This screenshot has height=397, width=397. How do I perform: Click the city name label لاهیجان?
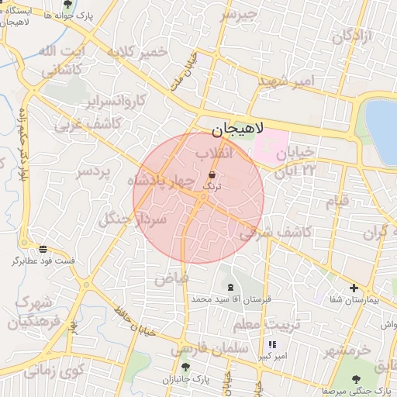point(236,129)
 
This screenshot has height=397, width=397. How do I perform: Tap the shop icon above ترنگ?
point(212,175)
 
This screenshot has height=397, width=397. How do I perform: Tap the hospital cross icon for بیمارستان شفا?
point(354,288)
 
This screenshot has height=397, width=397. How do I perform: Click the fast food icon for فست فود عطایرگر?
point(42,249)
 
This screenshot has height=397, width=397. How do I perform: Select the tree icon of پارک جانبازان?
point(185,367)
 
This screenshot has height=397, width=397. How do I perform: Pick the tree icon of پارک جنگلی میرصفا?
point(356,379)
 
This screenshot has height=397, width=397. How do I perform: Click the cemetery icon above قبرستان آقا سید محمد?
point(230,287)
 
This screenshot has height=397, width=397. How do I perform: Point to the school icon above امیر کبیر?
point(271,343)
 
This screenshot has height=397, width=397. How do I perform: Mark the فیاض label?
point(172,277)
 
